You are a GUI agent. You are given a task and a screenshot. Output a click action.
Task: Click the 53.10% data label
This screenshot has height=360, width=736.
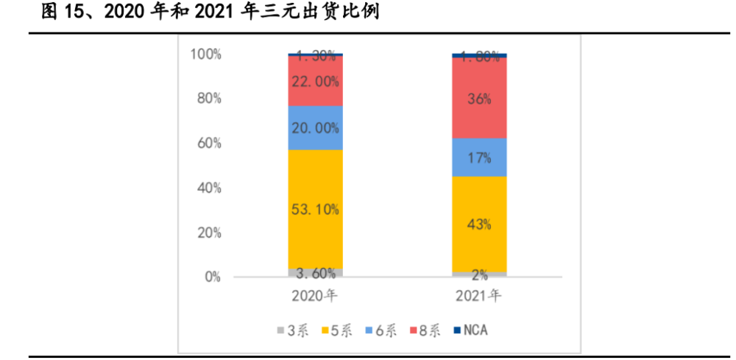click(x=315, y=210)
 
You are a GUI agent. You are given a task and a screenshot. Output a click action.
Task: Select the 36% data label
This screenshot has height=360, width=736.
click(x=479, y=99)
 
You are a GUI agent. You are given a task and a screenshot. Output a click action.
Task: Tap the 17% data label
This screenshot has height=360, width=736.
click(x=479, y=158)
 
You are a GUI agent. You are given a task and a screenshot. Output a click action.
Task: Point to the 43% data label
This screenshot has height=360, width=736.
click(x=479, y=225)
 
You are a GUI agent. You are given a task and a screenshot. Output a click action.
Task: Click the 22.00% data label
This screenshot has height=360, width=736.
click(x=315, y=82)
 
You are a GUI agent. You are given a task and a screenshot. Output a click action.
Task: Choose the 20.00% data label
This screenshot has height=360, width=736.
click(x=315, y=128)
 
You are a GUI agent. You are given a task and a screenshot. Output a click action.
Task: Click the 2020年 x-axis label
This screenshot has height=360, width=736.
click(x=315, y=297)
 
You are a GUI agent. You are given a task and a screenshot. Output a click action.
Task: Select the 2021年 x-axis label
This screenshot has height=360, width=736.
click(x=479, y=297)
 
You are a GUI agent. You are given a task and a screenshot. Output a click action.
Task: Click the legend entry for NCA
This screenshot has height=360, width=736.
click(x=470, y=331)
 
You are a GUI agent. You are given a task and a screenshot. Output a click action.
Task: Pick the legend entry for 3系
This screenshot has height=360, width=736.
click(x=292, y=331)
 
